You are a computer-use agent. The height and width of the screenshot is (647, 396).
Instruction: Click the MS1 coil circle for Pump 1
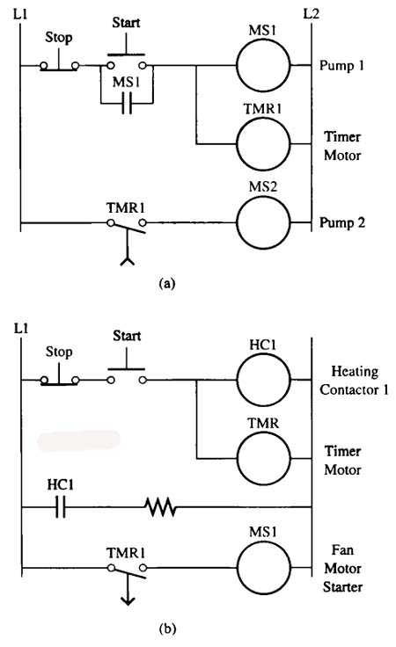pos(263,39)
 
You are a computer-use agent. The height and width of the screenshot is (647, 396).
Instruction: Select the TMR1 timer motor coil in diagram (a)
pos(263,118)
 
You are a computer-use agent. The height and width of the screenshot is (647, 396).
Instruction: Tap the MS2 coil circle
pos(263,196)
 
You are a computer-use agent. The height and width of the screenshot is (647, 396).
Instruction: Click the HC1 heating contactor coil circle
pos(263,353)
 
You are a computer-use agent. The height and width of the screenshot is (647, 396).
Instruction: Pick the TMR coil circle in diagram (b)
pos(263,432)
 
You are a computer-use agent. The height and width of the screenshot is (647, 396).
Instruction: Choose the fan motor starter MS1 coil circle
pos(263,541)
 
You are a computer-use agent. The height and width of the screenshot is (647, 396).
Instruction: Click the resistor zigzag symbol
pos(161,506)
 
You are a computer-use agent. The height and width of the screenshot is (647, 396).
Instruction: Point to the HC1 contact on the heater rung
pos(61,506)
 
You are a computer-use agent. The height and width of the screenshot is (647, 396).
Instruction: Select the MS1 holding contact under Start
pos(127,103)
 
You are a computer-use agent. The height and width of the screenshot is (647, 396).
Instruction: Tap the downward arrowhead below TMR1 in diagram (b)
pos(128,600)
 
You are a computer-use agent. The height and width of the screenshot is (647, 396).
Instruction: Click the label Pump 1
pos(342,66)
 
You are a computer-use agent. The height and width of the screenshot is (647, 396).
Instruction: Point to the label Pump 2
pos(342,222)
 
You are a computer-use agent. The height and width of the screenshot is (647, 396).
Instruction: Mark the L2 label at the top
pos(311,13)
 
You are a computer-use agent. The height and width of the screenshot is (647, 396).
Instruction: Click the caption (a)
pos(167,284)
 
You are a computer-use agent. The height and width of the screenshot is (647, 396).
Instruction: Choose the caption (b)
pos(167,629)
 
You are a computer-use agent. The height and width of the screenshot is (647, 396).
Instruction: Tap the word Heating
pos(355,372)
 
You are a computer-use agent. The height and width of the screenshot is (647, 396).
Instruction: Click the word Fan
pos(342,550)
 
